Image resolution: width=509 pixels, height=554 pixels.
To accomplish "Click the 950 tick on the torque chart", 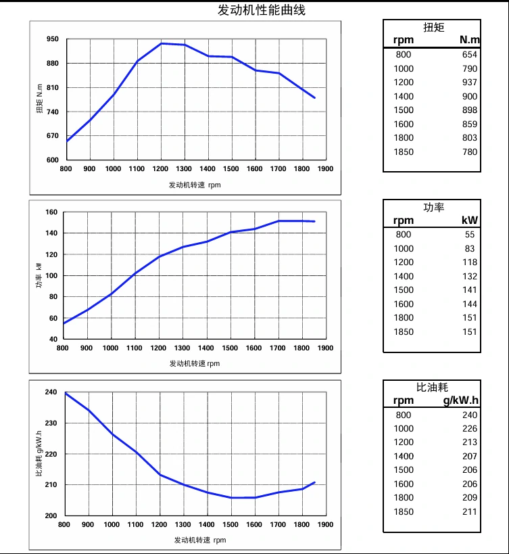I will (x=53, y=39).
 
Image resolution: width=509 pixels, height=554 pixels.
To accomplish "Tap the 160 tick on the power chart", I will (x=51, y=212).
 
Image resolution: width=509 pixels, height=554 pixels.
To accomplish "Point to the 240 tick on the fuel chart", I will (x=51, y=392).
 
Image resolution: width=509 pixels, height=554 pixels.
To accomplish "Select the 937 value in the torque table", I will (x=469, y=83).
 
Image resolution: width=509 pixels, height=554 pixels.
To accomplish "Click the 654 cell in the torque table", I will (x=469, y=55).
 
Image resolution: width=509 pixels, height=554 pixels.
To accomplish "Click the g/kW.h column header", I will (x=460, y=400).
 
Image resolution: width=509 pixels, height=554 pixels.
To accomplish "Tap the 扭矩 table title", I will (x=433, y=28).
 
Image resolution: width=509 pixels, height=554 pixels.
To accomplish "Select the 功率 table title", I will (x=433, y=208).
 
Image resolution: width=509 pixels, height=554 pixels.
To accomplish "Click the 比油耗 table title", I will (x=433, y=388).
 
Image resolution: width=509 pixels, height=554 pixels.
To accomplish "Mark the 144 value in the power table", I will (x=469, y=304).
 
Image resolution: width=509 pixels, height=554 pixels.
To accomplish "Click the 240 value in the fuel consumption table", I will (x=469, y=415).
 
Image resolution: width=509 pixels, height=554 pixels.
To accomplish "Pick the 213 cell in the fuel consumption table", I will (x=469, y=442).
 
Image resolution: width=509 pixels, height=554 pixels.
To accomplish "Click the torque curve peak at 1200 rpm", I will (x=161, y=43).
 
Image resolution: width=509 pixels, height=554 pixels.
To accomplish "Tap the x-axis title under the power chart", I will (x=194, y=363).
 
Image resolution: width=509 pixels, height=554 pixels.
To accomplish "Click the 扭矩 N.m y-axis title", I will (x=40, y=99).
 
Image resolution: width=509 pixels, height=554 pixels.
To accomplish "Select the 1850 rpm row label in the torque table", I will (x=404, y=152).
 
